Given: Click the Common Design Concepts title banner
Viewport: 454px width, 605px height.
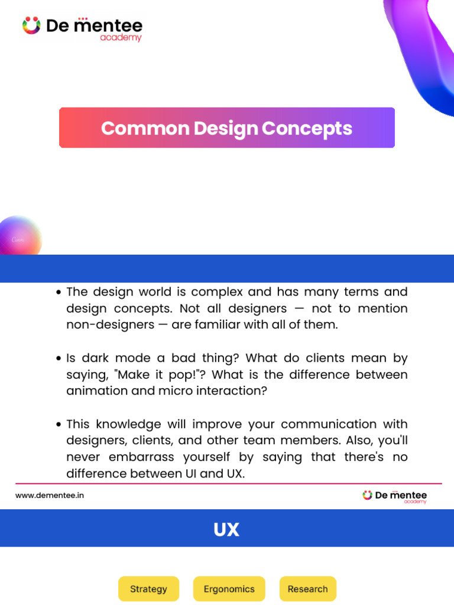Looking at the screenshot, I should coord(226,128).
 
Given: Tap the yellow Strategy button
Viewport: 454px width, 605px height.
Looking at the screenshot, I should coord(148,588).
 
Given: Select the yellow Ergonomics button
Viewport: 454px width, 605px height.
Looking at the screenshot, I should coord(229,588).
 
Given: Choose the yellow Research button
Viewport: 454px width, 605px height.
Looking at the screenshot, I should coord(307,588).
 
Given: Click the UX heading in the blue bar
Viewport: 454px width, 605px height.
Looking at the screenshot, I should coord(226,529).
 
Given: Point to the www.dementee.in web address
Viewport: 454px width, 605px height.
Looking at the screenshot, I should coord(50,495).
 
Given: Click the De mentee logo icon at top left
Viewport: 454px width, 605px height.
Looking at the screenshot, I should coord(31,25).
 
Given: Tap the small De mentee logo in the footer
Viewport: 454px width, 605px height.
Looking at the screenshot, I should coord(368,495).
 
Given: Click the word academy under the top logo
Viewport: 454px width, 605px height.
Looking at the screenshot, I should coord(121,38).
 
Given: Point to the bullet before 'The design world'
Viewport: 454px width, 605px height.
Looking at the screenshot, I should coord(59,292).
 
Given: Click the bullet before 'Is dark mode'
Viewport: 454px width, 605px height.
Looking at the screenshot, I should coord(59,359).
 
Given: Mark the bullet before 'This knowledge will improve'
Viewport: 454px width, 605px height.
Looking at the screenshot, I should coord(59,425).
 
